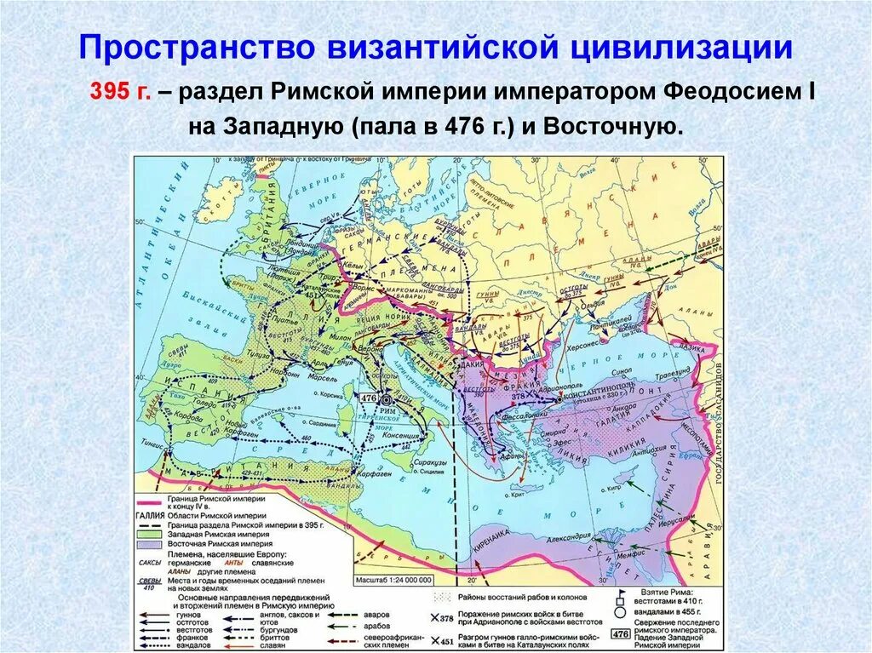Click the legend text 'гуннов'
[188, 614]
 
